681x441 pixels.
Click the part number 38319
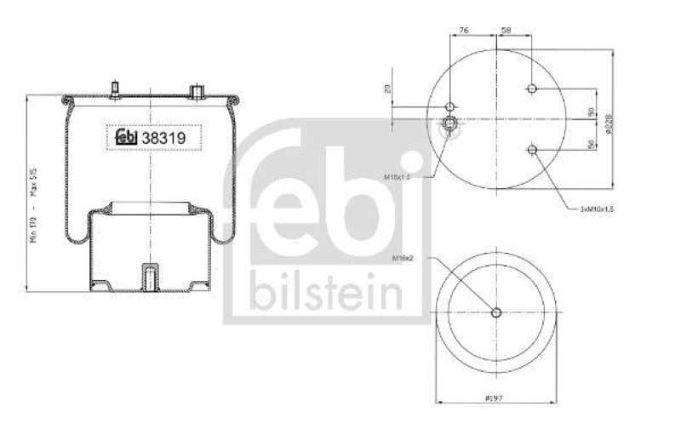click(x=163, y=136)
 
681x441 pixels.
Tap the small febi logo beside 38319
click(x=124, y=136)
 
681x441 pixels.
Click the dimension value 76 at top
click(x=464, y=31)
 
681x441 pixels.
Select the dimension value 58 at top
click(x=506, y=31)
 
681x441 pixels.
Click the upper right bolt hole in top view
click(x=532, y=89)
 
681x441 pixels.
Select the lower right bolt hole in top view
click(x=532, y=151)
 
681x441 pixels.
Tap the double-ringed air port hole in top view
click(x=449, y=126)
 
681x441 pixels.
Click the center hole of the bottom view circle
click(x=497, y=312)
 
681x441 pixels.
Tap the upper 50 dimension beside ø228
click(x=591, y=112)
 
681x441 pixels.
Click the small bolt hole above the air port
click(x=450, y=107)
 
